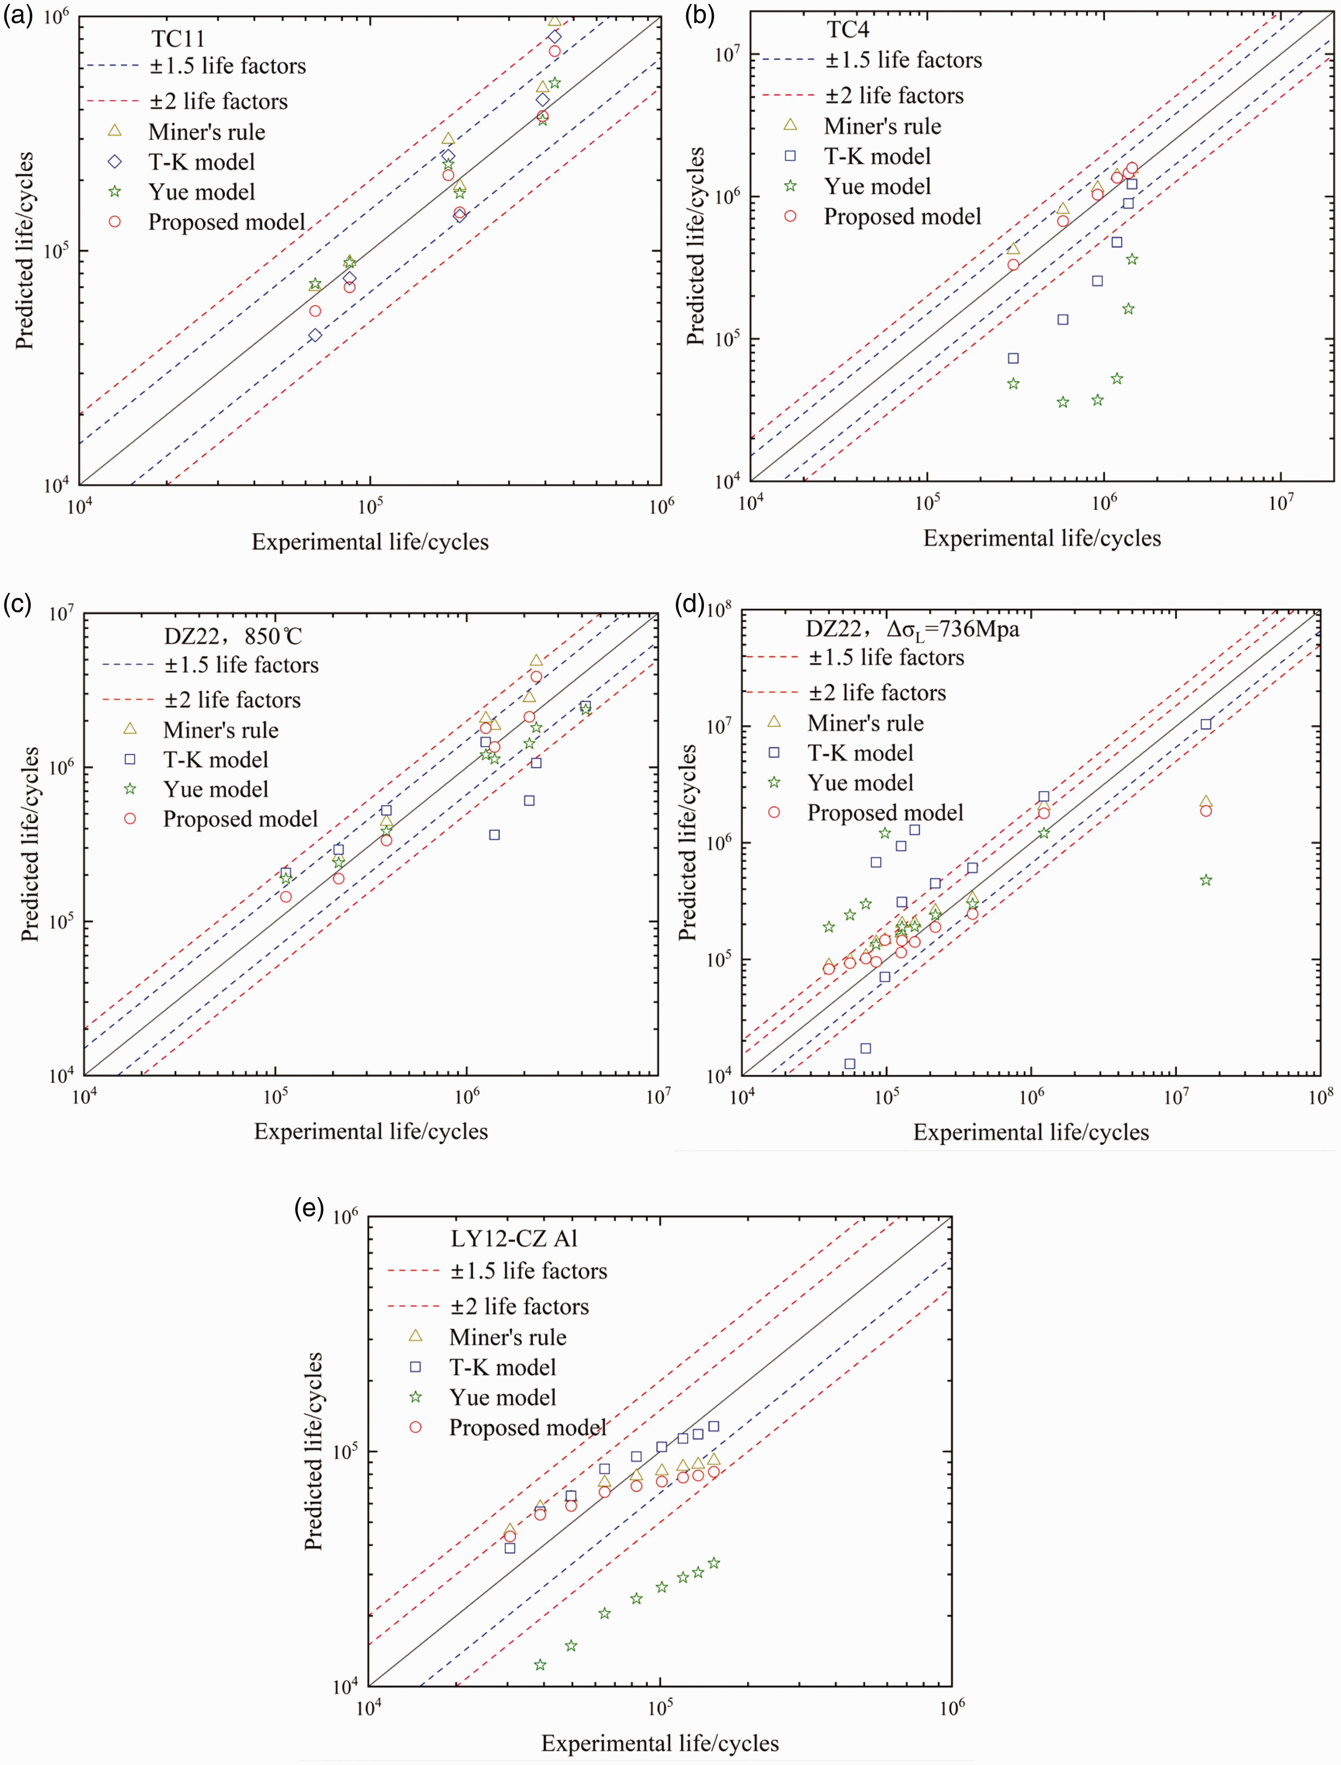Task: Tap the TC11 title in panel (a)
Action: click(178, 38)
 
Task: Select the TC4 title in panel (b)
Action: click(848, 30)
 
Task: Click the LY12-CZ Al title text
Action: click(514, 1238)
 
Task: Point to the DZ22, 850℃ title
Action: click(233, 636)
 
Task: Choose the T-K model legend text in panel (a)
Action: click(202, 162)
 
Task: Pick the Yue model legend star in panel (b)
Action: click(790, 186)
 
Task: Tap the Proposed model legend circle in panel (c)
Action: click(130, 819)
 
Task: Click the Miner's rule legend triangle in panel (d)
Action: click(774, 722)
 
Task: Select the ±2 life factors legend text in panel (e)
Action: click(520, 1306)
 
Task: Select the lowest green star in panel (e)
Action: click(541, 1658)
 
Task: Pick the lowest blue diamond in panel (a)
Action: click(315, 335)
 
